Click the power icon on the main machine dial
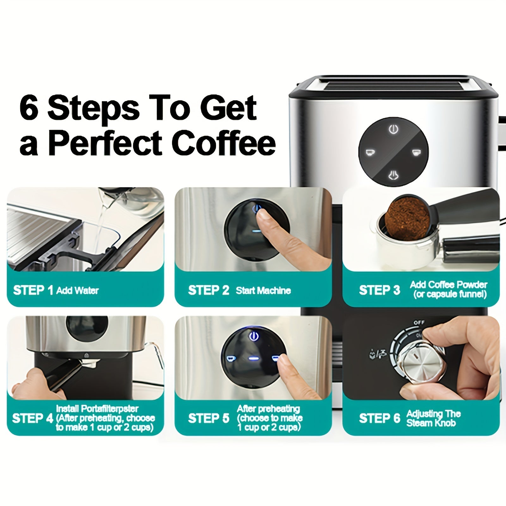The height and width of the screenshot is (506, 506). click(393, 129)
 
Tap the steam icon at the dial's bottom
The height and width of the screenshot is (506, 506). click(393, 175)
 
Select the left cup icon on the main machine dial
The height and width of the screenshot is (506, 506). click(370, 153)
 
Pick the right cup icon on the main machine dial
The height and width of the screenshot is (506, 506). click(417, 153)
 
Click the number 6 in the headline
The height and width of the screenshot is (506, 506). click(29, 108)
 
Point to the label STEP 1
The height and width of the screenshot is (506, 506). click(33, 290)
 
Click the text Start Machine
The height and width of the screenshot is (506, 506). click(263, 291)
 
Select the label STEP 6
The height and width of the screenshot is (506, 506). click(379, 418)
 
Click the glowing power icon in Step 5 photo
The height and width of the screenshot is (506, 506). click(254, 336)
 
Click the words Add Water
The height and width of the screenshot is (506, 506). click(77, 291)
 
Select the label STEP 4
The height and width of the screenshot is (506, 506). click(33, 418)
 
